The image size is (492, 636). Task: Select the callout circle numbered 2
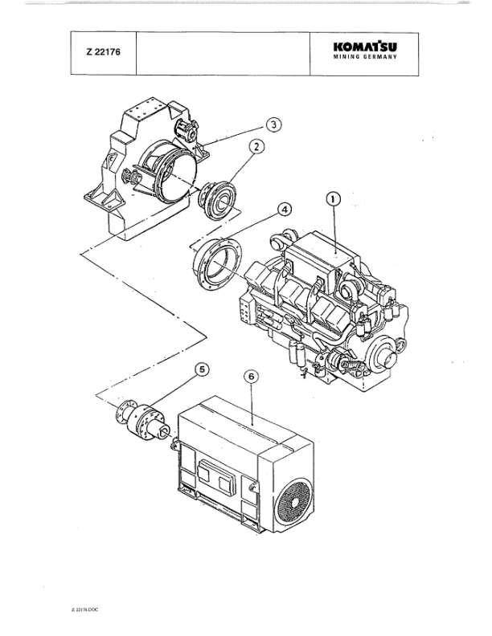256,147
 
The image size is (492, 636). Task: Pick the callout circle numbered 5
203,370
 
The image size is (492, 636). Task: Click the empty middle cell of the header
223,55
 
